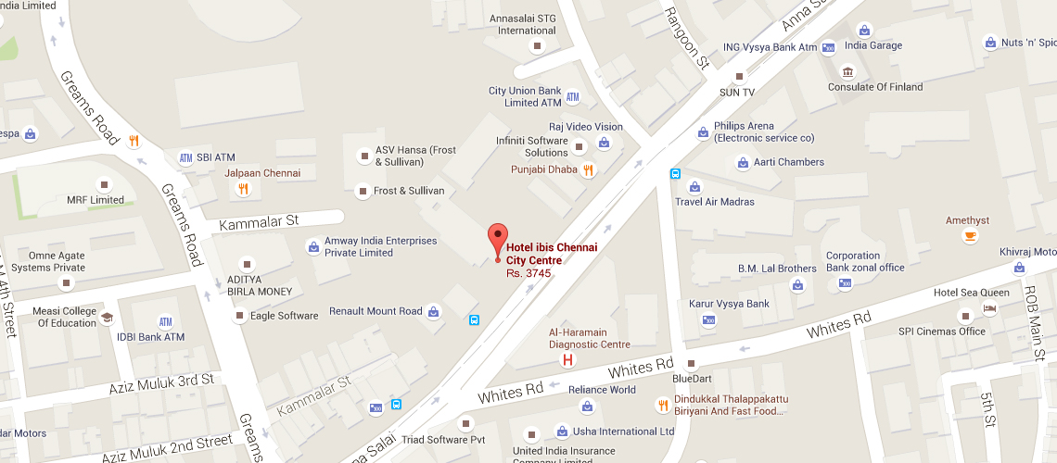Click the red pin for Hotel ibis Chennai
tap(498, 240)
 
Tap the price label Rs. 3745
tap(528, 273)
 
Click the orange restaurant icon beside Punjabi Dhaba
tap(587, 169)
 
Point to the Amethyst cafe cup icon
tap(970, 236)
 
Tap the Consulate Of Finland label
tap(875, 87)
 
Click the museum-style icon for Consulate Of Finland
tap(847, 71)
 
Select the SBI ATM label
tap(215, 157)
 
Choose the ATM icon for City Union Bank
tap(572, 97)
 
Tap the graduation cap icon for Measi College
tap(107, 318)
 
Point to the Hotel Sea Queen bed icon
tap(990, 308)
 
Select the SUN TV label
tap(737, 93)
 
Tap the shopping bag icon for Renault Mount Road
tap(433, 312)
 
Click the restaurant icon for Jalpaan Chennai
tap(243, 189)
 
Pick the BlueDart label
tap(692, 378)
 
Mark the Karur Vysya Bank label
tap(729, 304)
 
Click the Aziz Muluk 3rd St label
tap(161, 382)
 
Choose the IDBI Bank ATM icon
tap(166, 322)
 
